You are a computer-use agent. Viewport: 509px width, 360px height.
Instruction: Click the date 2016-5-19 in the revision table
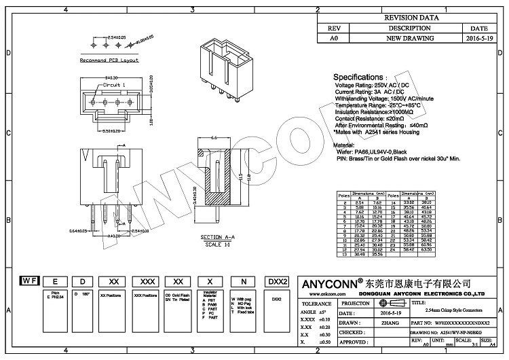[479, 39]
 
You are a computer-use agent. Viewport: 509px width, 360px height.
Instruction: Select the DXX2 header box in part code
[279, 280]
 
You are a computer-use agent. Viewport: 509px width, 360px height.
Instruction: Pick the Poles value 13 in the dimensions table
[345, 255]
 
